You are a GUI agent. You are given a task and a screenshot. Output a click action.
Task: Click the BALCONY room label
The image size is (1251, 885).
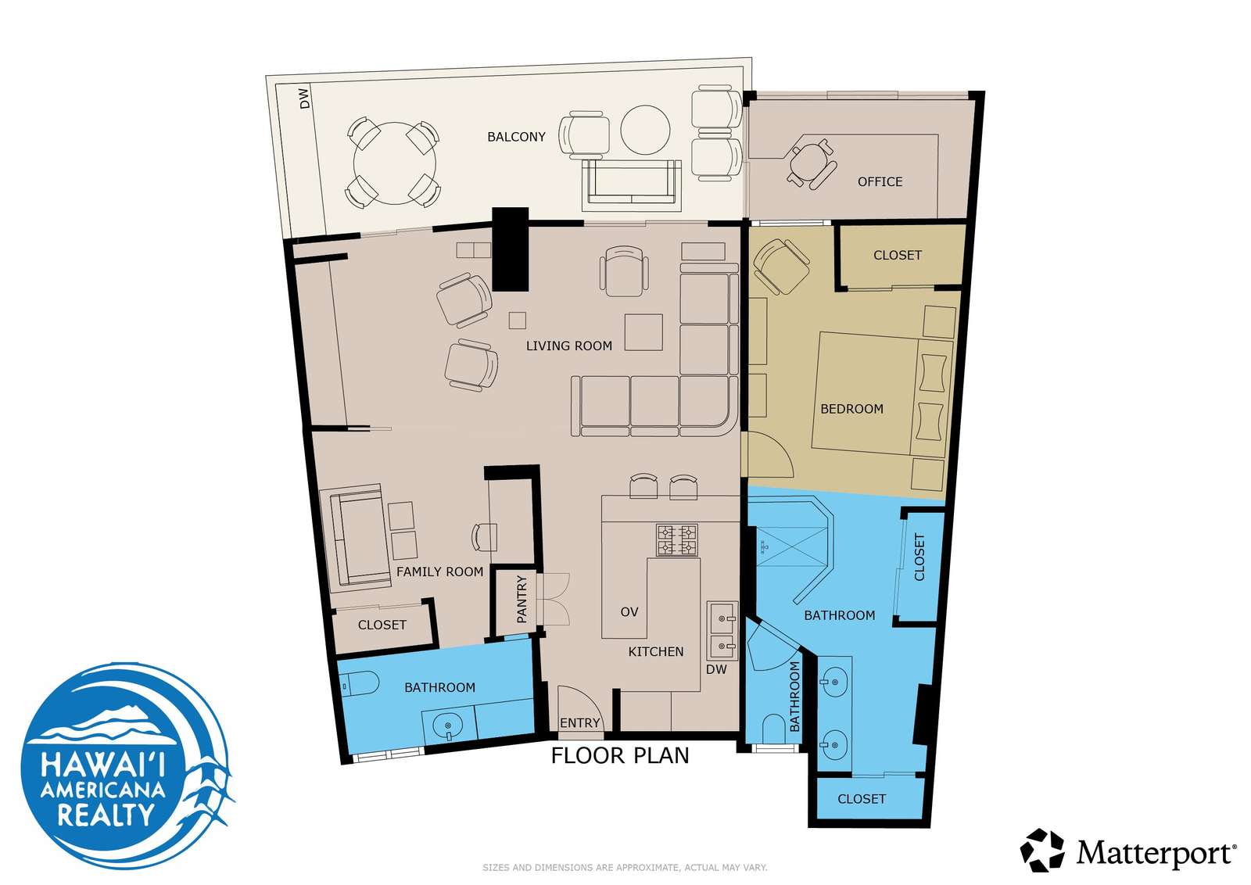pos(516,137)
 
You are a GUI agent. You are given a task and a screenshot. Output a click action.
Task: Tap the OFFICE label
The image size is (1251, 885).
pos(880,181)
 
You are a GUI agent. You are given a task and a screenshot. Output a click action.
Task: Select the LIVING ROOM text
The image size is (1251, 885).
pos(569,346)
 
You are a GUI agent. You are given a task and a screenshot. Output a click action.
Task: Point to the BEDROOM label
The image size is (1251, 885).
pos(851,409)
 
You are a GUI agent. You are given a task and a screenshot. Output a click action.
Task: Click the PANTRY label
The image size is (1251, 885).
pos(522,599)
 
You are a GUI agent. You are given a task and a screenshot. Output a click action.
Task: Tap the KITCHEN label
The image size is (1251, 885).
pos(656,651)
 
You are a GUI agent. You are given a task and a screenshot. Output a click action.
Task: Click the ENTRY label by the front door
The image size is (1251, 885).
pos(579,723)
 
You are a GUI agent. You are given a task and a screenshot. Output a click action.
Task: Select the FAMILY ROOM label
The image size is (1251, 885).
pos(439,571)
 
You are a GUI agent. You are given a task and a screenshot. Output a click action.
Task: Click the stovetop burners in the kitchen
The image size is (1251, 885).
pos(677,540)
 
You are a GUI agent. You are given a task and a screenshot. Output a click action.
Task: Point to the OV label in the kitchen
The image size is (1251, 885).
pos(629,612)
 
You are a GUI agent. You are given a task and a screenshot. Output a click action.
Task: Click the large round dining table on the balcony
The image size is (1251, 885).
pos(394,163)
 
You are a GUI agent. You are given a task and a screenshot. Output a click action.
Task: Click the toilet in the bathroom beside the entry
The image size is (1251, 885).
pos(359,683)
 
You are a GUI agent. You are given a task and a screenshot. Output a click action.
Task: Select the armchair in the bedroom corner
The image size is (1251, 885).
pos(781,267)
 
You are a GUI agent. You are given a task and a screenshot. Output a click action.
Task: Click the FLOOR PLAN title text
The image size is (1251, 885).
pos(620,755)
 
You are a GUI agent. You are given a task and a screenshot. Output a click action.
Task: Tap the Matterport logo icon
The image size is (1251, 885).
pos(1042,850)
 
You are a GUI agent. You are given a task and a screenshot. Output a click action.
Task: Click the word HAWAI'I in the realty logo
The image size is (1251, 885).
pos(103,764)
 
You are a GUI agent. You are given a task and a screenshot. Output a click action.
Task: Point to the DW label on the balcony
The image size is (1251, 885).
pos(304,99)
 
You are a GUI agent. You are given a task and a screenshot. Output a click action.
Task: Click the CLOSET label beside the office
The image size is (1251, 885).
pos(898,255)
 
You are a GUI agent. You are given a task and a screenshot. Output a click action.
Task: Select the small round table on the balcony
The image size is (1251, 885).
pos(645,130)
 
